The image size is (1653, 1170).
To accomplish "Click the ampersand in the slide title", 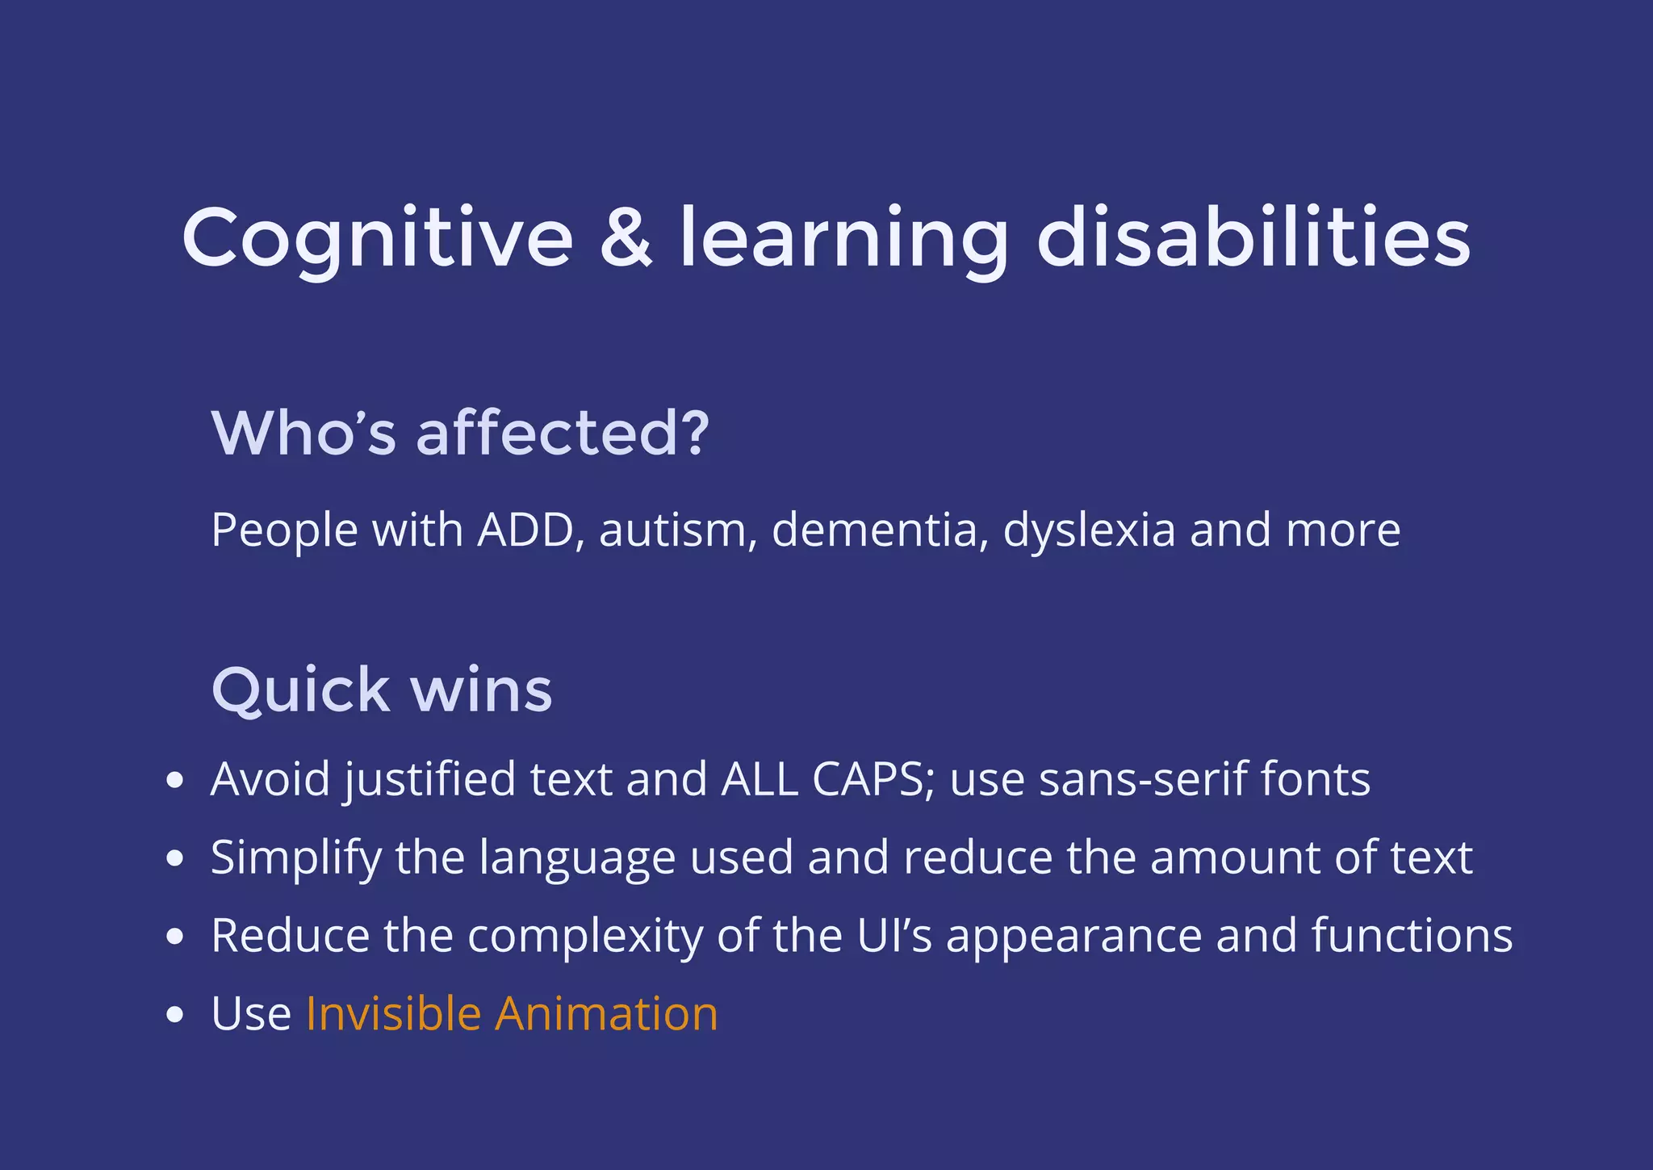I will click(x=626, y=238).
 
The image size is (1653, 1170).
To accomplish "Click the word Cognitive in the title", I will click(x=378, y=238).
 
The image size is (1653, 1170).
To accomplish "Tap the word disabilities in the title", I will click(x=1253, y=238).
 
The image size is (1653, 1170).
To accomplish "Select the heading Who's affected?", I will click(x=460, y=434).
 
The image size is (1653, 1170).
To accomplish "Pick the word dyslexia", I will click(x=1089, y=530).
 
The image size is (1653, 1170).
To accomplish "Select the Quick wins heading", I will click(x=382, y=690).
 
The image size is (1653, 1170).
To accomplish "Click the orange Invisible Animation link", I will click(x=512, y=1014).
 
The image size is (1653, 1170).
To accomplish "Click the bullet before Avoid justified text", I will click(x=174, y=782).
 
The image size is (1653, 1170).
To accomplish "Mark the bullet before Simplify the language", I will click(x=174, y=859).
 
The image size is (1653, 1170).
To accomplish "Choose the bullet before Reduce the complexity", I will click(x=174, y=937).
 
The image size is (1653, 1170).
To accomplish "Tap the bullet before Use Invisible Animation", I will click(x=174, y=1016).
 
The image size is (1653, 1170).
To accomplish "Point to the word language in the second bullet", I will click(x=576, y=858).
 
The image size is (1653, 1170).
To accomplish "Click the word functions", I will click(x=1412, y=936).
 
